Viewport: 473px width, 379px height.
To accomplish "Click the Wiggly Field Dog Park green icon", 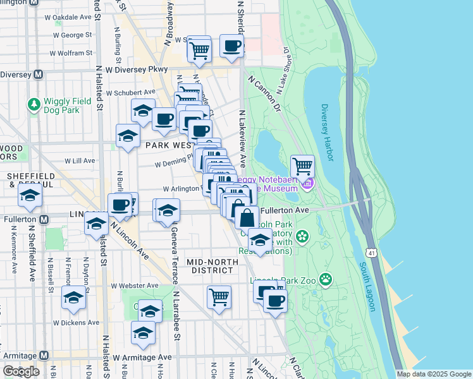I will point(34,102).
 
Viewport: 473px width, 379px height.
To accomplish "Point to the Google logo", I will point(21,371).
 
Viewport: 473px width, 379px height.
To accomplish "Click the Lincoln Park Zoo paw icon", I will point(326,279).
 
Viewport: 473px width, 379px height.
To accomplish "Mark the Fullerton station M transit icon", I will point(44,220).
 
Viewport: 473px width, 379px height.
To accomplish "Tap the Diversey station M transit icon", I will point(38,75).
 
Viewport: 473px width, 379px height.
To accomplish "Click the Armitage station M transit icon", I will point(44,356).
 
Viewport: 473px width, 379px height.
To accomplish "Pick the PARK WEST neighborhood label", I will point(168,145).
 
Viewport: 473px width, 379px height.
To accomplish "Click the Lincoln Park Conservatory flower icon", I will point(302,237).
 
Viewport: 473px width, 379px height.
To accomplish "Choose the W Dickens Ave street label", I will point(76,322).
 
